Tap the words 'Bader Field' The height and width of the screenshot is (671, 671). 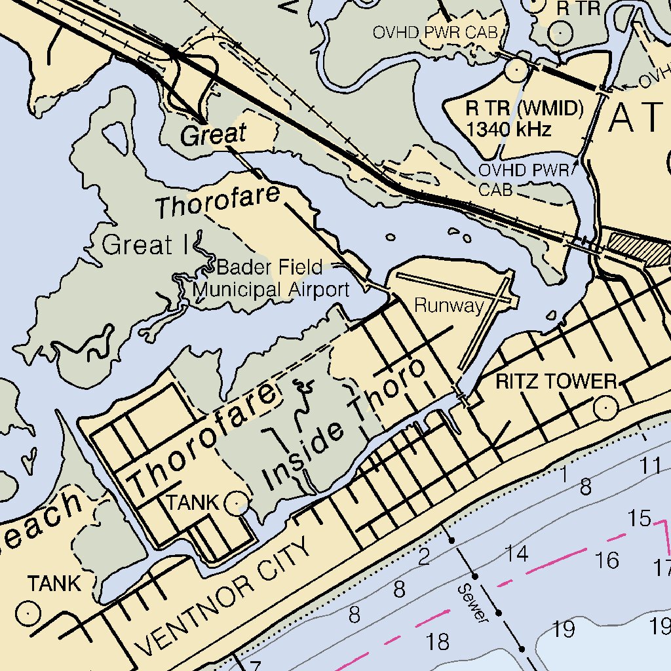(x=269, y=267)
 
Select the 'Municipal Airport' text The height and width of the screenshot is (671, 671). (x=271, y=289)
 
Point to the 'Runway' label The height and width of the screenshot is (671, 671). (x=449, y=306)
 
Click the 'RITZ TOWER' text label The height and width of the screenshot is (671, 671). (x=556, y=381)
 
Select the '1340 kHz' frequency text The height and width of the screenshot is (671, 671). (x=508, y=129)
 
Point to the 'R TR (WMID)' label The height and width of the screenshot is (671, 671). (x=524, y=109)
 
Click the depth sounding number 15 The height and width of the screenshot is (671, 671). (x=639, y=518)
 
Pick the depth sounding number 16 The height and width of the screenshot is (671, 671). (x=607, y=560)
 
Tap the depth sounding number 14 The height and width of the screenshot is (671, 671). (x=516, y=554)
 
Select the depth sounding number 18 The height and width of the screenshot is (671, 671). (x=438, y=642)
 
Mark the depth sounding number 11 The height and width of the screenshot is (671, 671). (x=651, y=466)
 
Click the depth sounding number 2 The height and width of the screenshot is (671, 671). (x=424, y=557)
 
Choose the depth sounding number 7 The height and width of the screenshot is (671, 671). (x=255, y=664)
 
